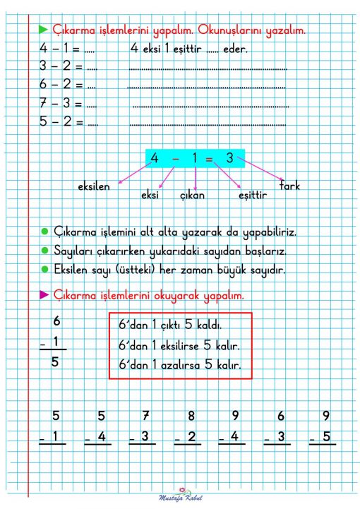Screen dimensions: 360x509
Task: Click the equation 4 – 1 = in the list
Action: [x=62, y=50]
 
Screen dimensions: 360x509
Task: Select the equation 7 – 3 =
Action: [x=62, y=104]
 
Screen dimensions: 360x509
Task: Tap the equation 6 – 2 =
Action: [x=62, y=86]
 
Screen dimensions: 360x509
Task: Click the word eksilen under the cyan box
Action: [x=94, y=187]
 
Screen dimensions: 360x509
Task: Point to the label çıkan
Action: [x=191, y=194]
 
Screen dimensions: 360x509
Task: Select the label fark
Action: [x=289, y=186]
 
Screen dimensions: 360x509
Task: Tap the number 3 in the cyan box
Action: [x=229, y=158]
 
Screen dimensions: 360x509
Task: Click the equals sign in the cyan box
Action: [x=210, y=159]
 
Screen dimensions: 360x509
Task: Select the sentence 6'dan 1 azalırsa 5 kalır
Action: [x=180, y=366]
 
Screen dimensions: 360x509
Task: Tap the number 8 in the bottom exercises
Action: [x=191, y=416]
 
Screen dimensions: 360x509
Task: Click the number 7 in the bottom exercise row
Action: [x=146, y=415]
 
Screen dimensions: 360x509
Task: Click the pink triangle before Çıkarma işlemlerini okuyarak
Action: [x=43, y=294]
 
